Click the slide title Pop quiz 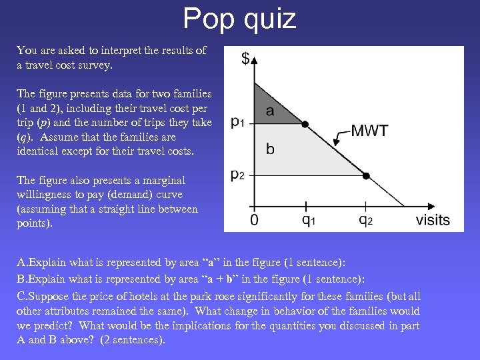coord(239,19)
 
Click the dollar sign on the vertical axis coord(245,59)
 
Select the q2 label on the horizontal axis coord(366,219)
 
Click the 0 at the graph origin coord(254,220)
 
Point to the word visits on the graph coord(433,219)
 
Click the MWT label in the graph coord(369,131)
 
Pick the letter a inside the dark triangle coord(270,111)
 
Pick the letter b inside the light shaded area coord(270,149)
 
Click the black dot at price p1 coord(305,124)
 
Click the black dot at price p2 coord(365,176)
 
